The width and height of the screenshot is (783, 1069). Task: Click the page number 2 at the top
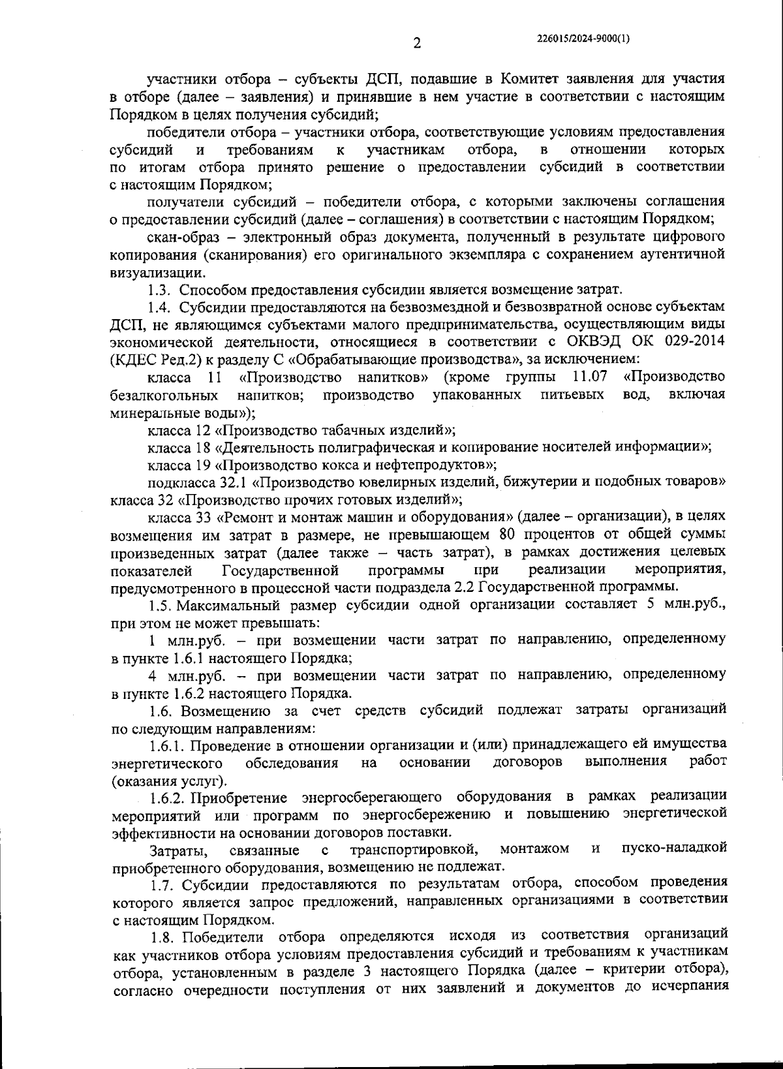pos(417,44)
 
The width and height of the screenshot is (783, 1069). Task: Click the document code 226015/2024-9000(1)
pos(583,39)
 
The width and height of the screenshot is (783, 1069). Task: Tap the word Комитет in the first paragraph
pos(529,80)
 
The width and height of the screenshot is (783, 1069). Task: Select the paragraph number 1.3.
pos(160,290)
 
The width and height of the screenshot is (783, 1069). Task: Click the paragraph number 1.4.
pos(160,307)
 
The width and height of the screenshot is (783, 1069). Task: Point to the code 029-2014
pos(694,341)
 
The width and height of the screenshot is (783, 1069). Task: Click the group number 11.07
pos(589,377)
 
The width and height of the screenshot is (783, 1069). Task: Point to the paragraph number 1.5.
pos(160,604)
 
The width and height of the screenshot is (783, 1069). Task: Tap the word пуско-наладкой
pos(674,849)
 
